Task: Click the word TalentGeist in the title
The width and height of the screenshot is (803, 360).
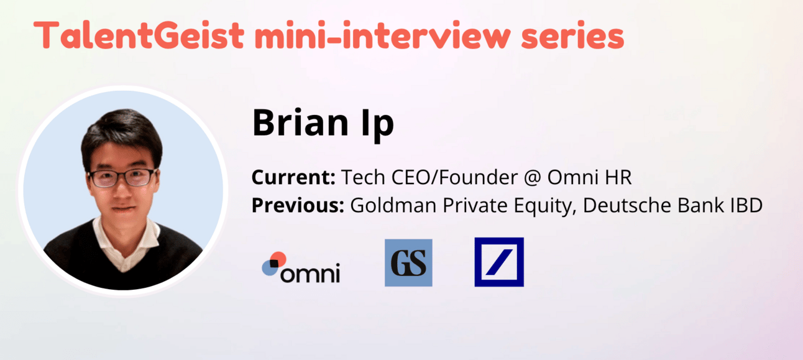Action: [x=139, y=35]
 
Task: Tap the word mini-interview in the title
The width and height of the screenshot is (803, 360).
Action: [x=382, y=35]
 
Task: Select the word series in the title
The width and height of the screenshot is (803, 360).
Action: [x=572, y=35]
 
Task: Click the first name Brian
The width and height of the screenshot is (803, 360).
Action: [x=300, y=122]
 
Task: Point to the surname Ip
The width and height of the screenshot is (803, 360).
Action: [x=377, y=125]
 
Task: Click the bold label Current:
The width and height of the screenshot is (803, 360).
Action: [x=293, y=177]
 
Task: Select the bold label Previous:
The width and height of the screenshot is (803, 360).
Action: [x=298, y=205]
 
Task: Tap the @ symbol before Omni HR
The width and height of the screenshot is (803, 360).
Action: [x=533, y=177]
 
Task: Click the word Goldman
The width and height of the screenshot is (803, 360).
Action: [x=393, y=205]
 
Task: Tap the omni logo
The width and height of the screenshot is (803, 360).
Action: [x=301, y=267]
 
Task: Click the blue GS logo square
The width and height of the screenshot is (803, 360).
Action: [x=408, y=263]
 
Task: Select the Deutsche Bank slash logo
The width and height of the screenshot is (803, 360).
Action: [x=499, y=262]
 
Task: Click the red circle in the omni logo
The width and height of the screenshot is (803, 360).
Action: [x=279, y=259]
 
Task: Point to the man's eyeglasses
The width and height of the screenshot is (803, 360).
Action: [x=122, y=177]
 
